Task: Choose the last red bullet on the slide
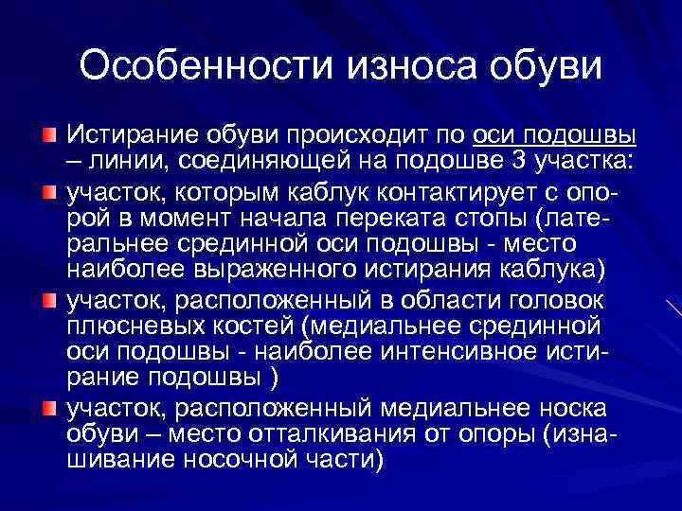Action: [47, 408]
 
